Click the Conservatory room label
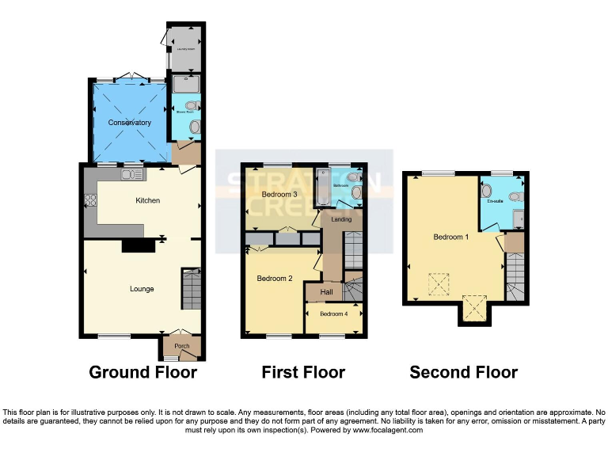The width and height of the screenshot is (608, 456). (131, 123)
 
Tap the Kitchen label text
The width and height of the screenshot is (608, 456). (147, 200)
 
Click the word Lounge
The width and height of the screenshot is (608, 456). (142, 289)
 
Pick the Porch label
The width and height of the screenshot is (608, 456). (182, 346)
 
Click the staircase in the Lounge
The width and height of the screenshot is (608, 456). (192, 290)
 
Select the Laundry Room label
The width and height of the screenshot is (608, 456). (185, 48)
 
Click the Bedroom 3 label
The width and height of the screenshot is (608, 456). (279, 194)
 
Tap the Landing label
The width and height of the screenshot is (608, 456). (341, 219)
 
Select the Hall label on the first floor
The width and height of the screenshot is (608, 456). (325, 292)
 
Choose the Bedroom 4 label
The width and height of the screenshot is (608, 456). (333, 314)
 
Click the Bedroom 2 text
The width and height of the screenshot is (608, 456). (275, 279)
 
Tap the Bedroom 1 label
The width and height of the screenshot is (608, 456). (450, 237)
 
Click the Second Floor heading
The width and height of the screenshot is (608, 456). (463, 372)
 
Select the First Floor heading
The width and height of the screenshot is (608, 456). (303, 372)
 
